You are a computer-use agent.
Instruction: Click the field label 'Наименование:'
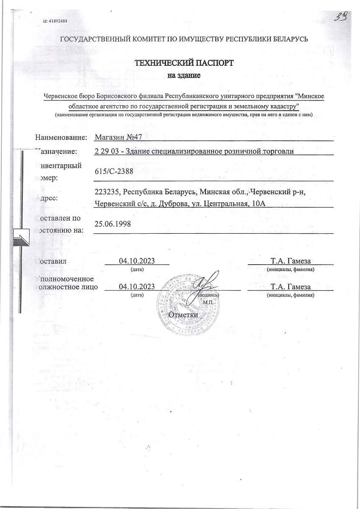coord(61,137)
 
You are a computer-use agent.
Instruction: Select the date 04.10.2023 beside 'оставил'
coord(137,260)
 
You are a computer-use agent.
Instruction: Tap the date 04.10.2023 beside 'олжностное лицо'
coord(137,286)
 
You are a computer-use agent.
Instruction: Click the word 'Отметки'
coord(183,315)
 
